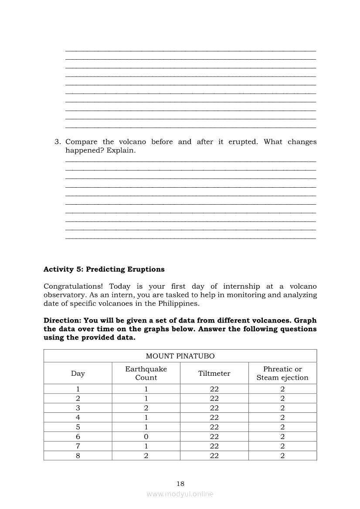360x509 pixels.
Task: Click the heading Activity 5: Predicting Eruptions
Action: tap(104, 269)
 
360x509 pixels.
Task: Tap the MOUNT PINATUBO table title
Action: tap(180, 356)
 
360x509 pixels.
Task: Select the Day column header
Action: tap(78, 373)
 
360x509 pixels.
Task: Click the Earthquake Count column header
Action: tap(146, 373)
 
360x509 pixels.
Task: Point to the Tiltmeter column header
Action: tap(214, 373)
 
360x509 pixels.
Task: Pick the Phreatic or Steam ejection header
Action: tap(282, 373)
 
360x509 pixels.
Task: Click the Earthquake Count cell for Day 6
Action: tap(146, 437)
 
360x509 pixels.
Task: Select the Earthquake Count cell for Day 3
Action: tap(146, 408)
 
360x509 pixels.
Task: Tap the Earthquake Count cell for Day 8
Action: tap(146, 456)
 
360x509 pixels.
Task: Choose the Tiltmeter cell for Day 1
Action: tap(214, 389)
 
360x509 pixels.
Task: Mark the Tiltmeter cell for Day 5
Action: tap(214, 427)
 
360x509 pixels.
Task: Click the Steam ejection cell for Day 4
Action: tap(282, 418)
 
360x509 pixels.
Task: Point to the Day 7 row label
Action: tap(78, 446)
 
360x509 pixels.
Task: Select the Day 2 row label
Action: tap(78, 398)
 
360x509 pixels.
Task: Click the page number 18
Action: tap(180, 483)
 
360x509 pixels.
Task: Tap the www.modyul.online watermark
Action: tap(180, 494)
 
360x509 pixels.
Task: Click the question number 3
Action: tap(57, 142)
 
